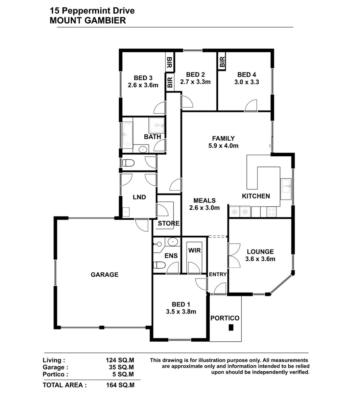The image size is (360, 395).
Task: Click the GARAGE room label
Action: [105, 275]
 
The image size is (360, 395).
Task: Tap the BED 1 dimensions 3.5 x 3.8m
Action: [181, 312]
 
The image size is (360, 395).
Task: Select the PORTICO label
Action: [225, 318]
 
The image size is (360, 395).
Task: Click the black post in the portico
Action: [231, 328]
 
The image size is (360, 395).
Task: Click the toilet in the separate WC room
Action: [128, 163]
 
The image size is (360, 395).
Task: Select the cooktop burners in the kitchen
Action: [272, 212]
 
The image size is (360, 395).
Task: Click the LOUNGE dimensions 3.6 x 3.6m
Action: [260, 259]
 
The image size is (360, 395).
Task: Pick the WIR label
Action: [194, 250]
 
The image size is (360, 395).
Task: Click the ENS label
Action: [171, 256]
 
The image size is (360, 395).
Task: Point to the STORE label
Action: [169, 223]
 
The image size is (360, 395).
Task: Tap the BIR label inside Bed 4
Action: [222, 62]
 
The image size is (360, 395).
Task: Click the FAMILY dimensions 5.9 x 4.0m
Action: [223, 146]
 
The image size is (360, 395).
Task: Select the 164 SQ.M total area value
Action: [120, 385]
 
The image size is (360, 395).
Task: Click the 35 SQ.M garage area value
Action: [121, 367]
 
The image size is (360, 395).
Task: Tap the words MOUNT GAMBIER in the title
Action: [88, 20]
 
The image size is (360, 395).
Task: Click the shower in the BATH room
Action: [156, 125]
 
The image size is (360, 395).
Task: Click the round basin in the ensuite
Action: [173, 241]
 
